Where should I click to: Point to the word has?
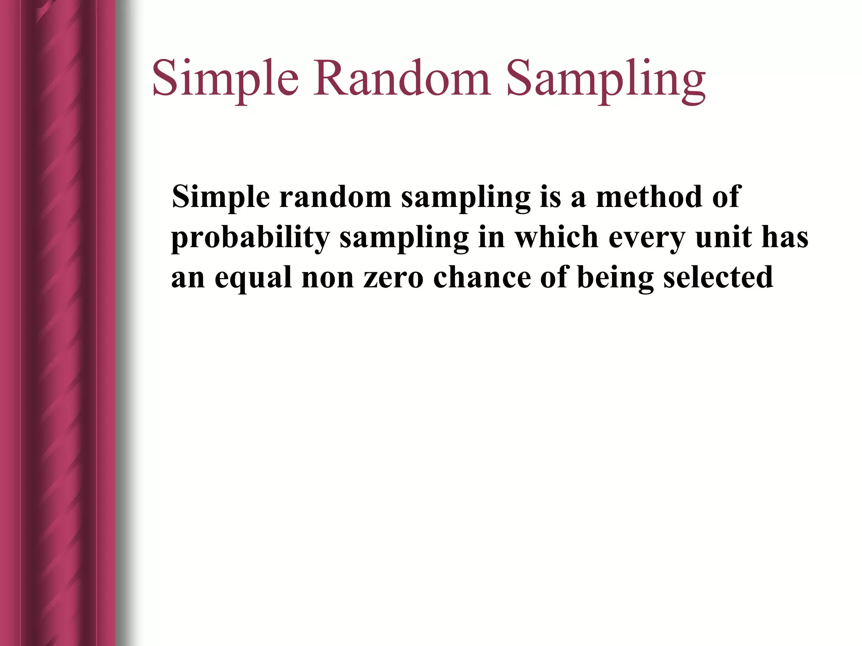(785, 237)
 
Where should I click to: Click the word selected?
(718, 278)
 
